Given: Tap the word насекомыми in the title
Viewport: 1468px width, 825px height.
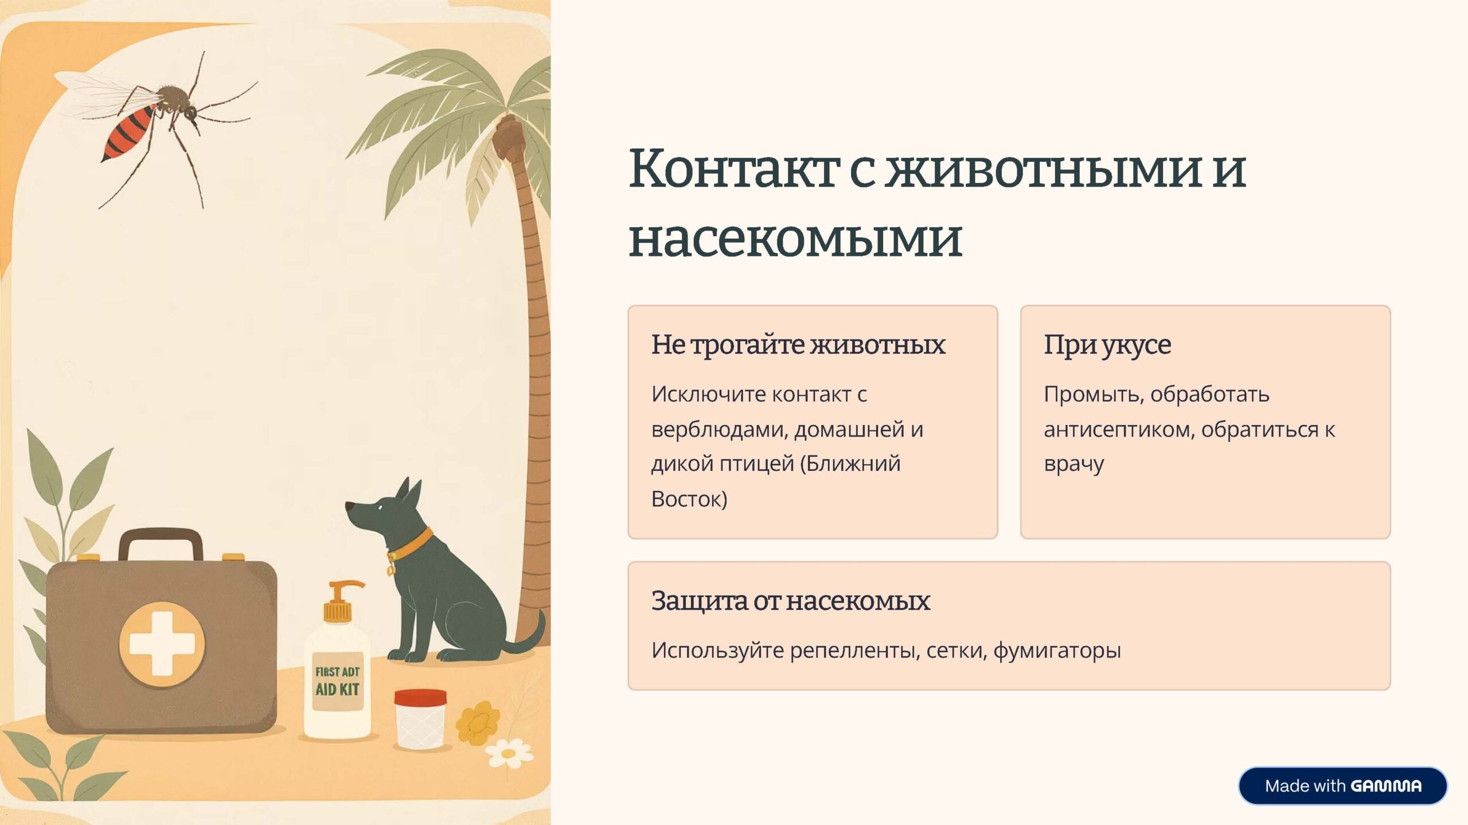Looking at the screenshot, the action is coord(795,239).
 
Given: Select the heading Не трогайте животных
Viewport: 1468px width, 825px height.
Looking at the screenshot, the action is coord(798,345).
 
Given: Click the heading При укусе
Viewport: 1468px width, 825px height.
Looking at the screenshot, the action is coord(1107,345).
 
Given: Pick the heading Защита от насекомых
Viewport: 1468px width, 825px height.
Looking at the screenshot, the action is coord(790,601).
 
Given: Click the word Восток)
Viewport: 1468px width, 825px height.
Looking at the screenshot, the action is coord(689,499).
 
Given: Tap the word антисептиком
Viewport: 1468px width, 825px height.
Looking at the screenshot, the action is coord(1119,430).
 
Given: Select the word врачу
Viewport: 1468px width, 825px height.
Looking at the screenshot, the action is coord(1073,464).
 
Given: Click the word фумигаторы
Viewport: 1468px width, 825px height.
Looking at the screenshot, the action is coord(1057,651).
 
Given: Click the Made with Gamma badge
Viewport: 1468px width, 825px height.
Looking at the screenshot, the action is coord(1342,785).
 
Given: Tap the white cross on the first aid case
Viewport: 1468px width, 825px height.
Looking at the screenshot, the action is coord(161,644).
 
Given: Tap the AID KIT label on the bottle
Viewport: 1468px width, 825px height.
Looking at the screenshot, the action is coord(337,689).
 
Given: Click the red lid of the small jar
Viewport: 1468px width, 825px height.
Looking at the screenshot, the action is coord(420,698).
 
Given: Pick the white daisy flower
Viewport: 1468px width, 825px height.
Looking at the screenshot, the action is coord(509,753).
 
